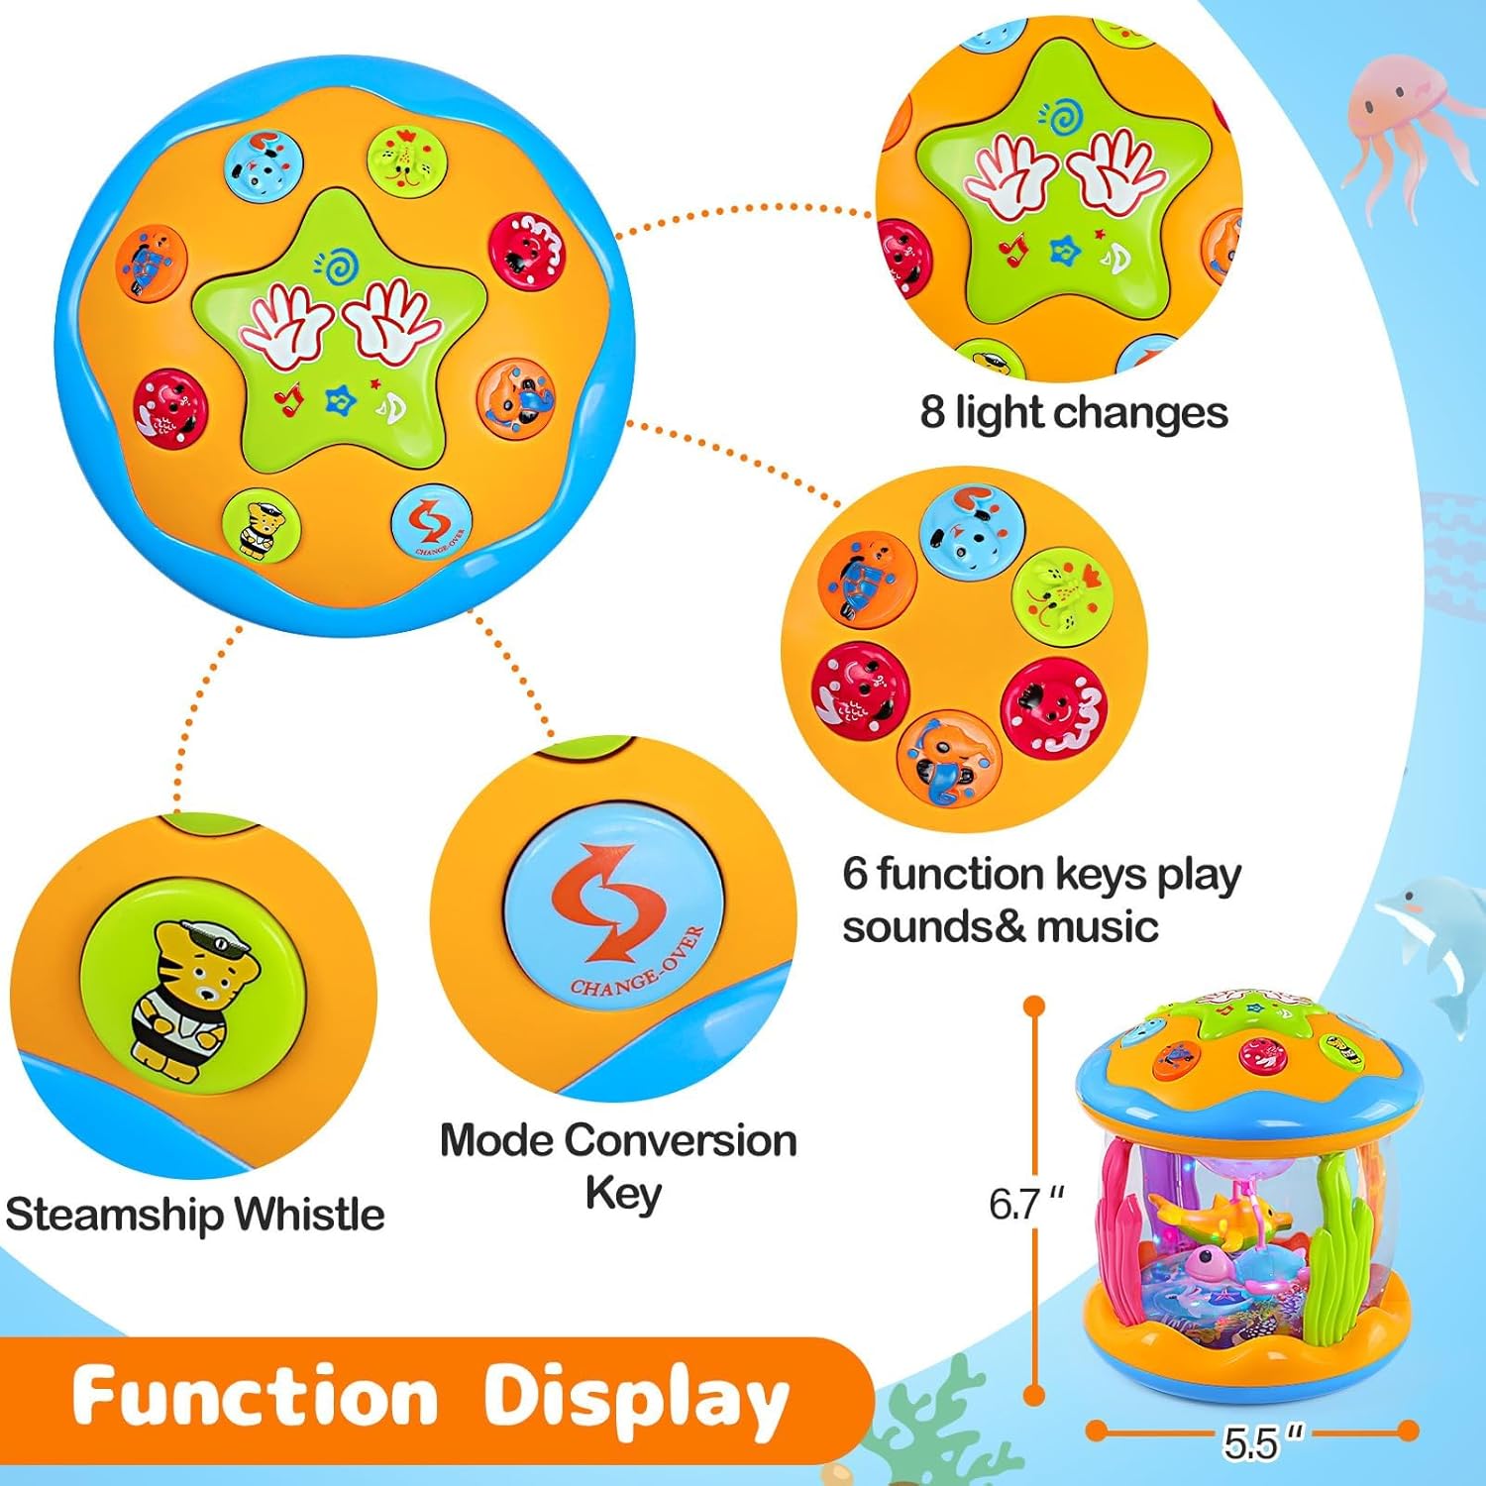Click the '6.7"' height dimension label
click(1025, 1204)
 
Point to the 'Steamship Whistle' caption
click(195, 1214)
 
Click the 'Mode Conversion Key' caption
click(618, 1165)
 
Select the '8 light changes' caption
click(1073, 412)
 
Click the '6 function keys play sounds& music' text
click(1040, 900)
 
